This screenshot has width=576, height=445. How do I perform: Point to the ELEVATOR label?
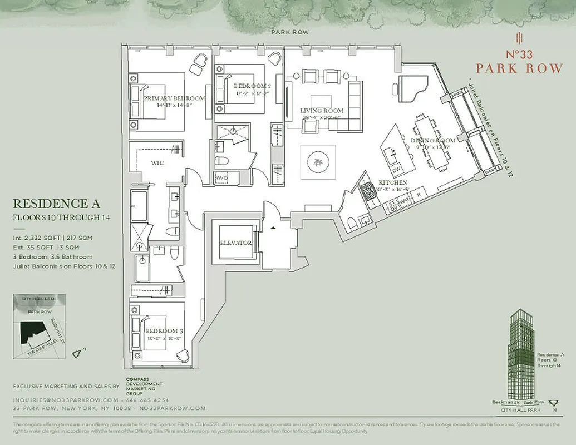(x=235, y=243)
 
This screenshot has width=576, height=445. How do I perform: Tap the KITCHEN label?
(x=392, y=182)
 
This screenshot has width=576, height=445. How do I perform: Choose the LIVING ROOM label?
(x=322, y=111)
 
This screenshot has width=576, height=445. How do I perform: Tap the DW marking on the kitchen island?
(x=397, y=169)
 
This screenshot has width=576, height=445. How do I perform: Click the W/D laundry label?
(x=221, y=178)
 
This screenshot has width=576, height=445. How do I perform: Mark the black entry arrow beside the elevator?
(x=273, y=228)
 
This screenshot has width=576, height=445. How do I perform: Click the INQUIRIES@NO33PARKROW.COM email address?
(x=66, y=400)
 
